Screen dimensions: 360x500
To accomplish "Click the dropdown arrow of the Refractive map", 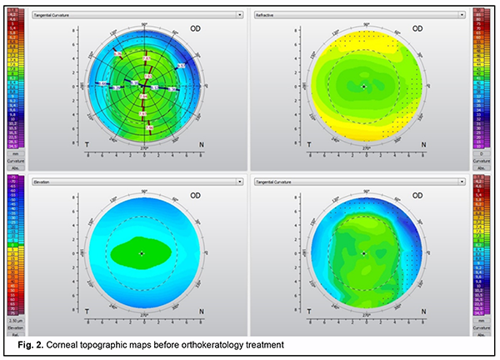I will tap(461, 14).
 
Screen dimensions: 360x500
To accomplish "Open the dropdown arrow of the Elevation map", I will tap(240, 180).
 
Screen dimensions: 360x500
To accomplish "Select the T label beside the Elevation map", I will tap(86, 309).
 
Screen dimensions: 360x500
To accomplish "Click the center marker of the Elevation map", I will tap(142, 252).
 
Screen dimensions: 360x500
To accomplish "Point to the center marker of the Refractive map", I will tap(364, 86).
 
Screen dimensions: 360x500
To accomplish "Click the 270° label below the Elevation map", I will tap(142, 315).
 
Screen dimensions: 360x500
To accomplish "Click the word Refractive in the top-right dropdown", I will tap(266, 14).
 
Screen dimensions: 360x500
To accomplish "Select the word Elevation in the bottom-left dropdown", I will tap(42, 180).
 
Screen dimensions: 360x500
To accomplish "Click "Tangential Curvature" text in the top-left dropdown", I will tap(55, 14).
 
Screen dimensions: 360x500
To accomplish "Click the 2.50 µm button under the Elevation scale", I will tap(12, 319).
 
